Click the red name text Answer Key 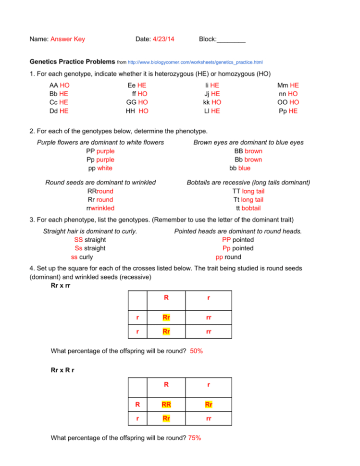pyautogui.click(x=67, y=39)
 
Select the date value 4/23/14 pyautogui.click(x=163, y=39)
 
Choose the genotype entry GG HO pyautogui.click(x=137, y=102)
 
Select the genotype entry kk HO pyautogui.click(x=211, y=102)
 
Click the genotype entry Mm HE pyautogui.click(x=288, y=85)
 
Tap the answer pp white pyautogui.click(x=100, y=168)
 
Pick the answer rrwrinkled pyautogui.click(x=100, y=208)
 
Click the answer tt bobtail pyautogui.click(x=248, y=208)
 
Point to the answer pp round pyautogui.click(x=228, y=257)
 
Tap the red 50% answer pyautogui.click(x=196, y=351)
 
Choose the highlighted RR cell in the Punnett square pyautogui.click(x=166, y=405)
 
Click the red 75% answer pyautogui.click(x=194, y=438)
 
